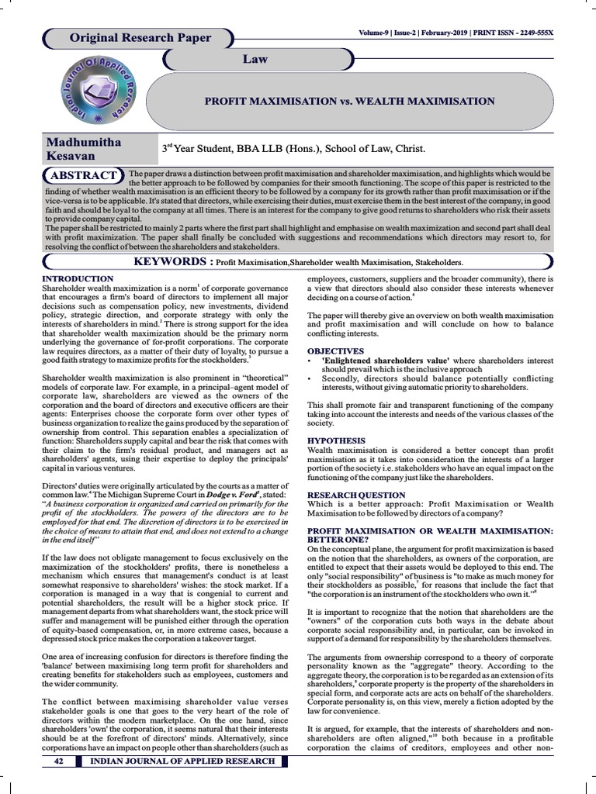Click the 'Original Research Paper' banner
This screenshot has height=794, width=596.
point(140,38)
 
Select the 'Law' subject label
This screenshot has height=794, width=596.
point(255,59)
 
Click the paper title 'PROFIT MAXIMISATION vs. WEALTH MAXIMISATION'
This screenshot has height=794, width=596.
point(348,101)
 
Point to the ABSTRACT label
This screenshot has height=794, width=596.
point(85,175)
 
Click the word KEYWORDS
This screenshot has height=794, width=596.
point(173,262)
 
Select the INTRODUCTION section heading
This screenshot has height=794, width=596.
point(78,278)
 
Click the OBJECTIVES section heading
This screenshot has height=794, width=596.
point(336,351)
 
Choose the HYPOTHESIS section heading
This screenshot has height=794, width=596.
point(336,440)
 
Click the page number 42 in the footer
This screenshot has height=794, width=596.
point(58,761)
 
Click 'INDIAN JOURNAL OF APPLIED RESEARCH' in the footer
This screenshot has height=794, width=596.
point(183,761)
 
